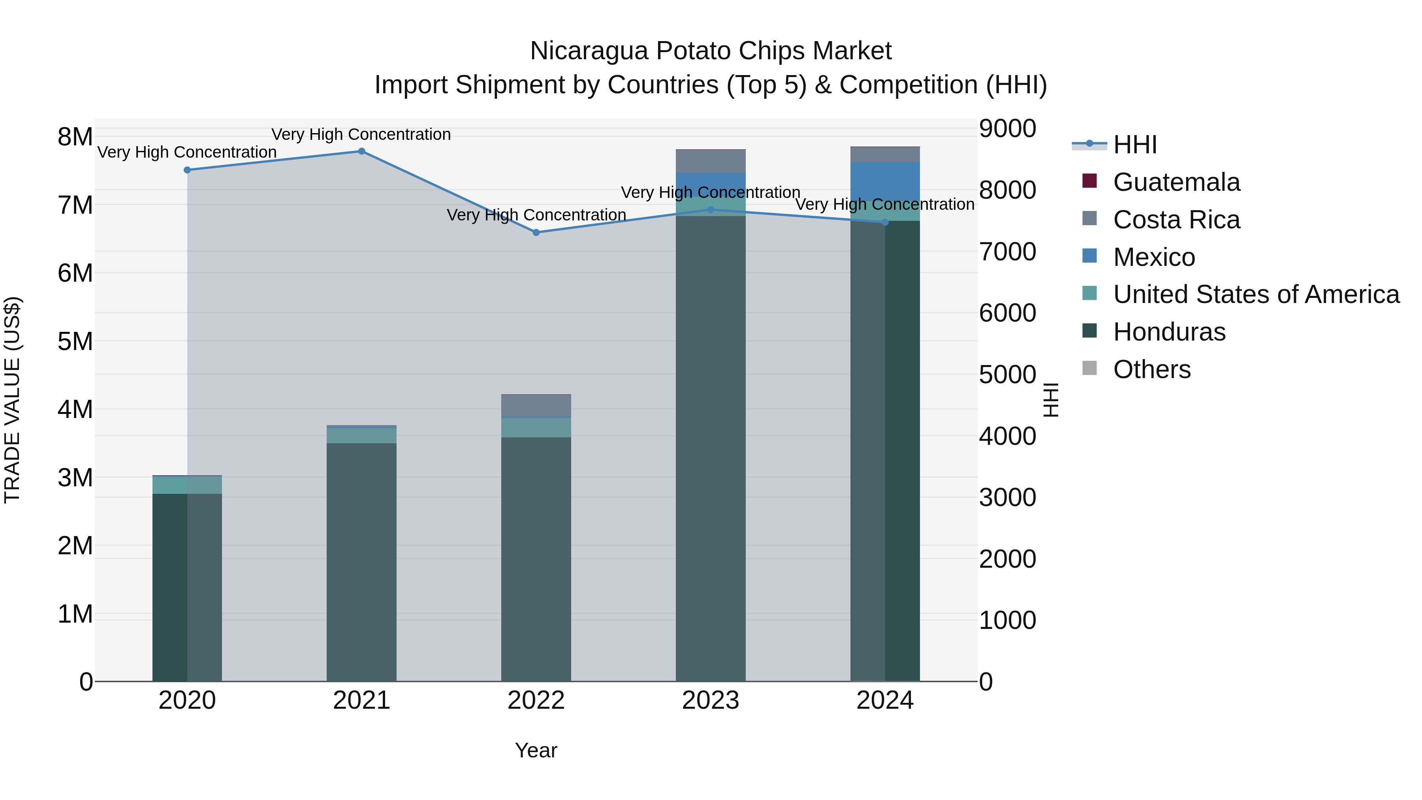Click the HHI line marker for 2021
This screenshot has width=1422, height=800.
coord(361,151)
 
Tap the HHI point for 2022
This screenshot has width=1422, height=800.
coord(536,232)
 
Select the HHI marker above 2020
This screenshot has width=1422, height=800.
coord(187,170)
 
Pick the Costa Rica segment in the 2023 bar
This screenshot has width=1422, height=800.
coord(711,161)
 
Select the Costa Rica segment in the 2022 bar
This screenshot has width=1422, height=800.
coord(536,406)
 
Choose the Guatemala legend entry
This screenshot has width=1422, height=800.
coord(1176,182)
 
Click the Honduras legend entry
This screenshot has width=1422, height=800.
coord(1169,332)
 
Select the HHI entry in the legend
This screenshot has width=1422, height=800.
coord(1134,145)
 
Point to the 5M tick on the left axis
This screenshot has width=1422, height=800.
coord(75,341)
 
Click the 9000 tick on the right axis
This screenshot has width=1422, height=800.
coord(1007,129)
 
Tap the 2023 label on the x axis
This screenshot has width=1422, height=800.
coord(711,700)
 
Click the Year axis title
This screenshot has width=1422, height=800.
coord(536,750)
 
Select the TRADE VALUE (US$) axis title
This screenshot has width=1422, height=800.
coord(12,400)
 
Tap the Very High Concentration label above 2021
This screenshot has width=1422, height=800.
coord(361,134)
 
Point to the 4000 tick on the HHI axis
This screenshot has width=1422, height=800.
coord(1007,436)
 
